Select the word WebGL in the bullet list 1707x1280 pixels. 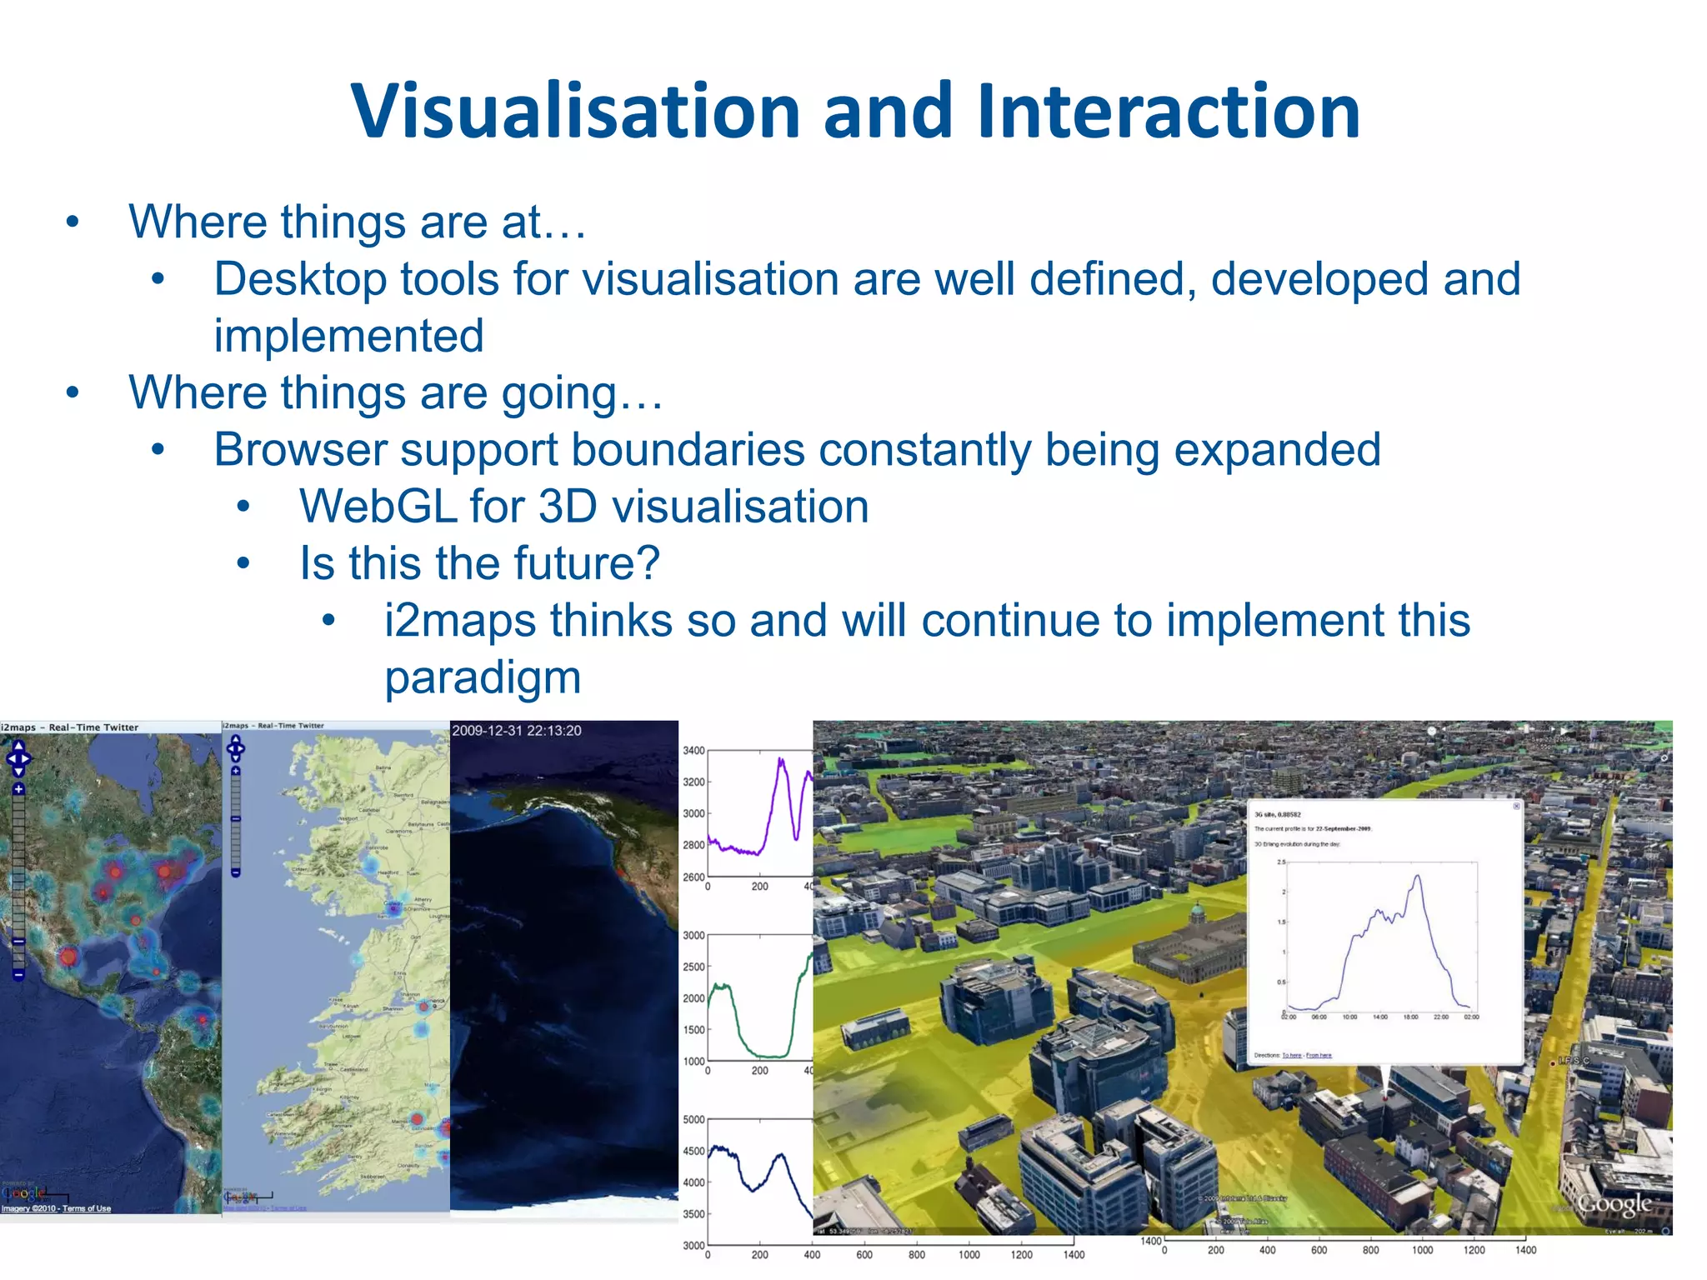(378, 507)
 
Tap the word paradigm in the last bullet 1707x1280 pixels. (482, 677)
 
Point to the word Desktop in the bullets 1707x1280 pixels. (300, 279)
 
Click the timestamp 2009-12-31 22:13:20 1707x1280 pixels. (516, 731)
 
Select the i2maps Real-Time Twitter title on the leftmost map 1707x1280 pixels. (70, 727)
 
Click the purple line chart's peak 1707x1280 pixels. (781, 760)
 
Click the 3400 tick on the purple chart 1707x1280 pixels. (693, 751)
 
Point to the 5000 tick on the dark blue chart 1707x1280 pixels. (693, 1120)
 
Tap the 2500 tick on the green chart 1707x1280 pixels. (693, 967)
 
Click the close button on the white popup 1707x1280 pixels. (1516, 806)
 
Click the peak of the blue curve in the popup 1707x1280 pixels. (1417, 877)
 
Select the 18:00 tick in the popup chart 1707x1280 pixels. (1410, 1017)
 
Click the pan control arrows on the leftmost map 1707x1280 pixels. (18, 758)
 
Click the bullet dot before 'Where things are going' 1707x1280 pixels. (73, 392)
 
